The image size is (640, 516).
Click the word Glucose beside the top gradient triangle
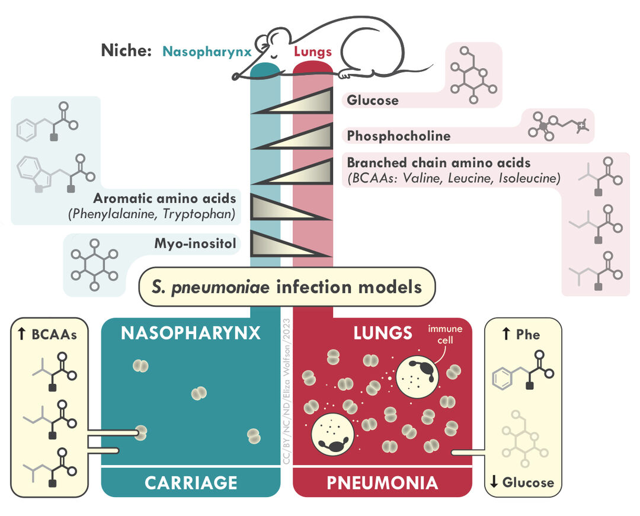point(372,100)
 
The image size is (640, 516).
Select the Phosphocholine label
point(398,136)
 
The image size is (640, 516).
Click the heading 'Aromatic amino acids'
point(164,199)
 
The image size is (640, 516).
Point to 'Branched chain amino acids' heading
point(439,162)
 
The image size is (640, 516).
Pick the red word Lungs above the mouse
point(313,52)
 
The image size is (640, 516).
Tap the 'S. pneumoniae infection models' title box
point(287,287)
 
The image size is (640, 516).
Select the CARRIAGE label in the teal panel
point(191,482)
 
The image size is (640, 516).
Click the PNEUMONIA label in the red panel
point(382,482)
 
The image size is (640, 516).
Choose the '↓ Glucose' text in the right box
point(521,482)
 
